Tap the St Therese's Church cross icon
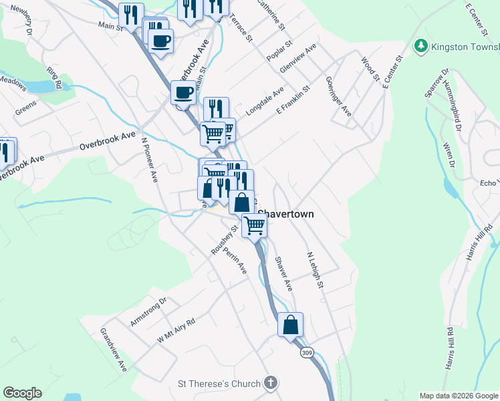[270, 383]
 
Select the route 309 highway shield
[307, 352]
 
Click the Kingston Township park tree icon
[421, 47]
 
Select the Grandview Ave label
[114, 350]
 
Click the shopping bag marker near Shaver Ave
[291, 325]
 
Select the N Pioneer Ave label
[149, 160]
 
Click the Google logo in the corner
[22, 393]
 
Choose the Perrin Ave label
[235, 261]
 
